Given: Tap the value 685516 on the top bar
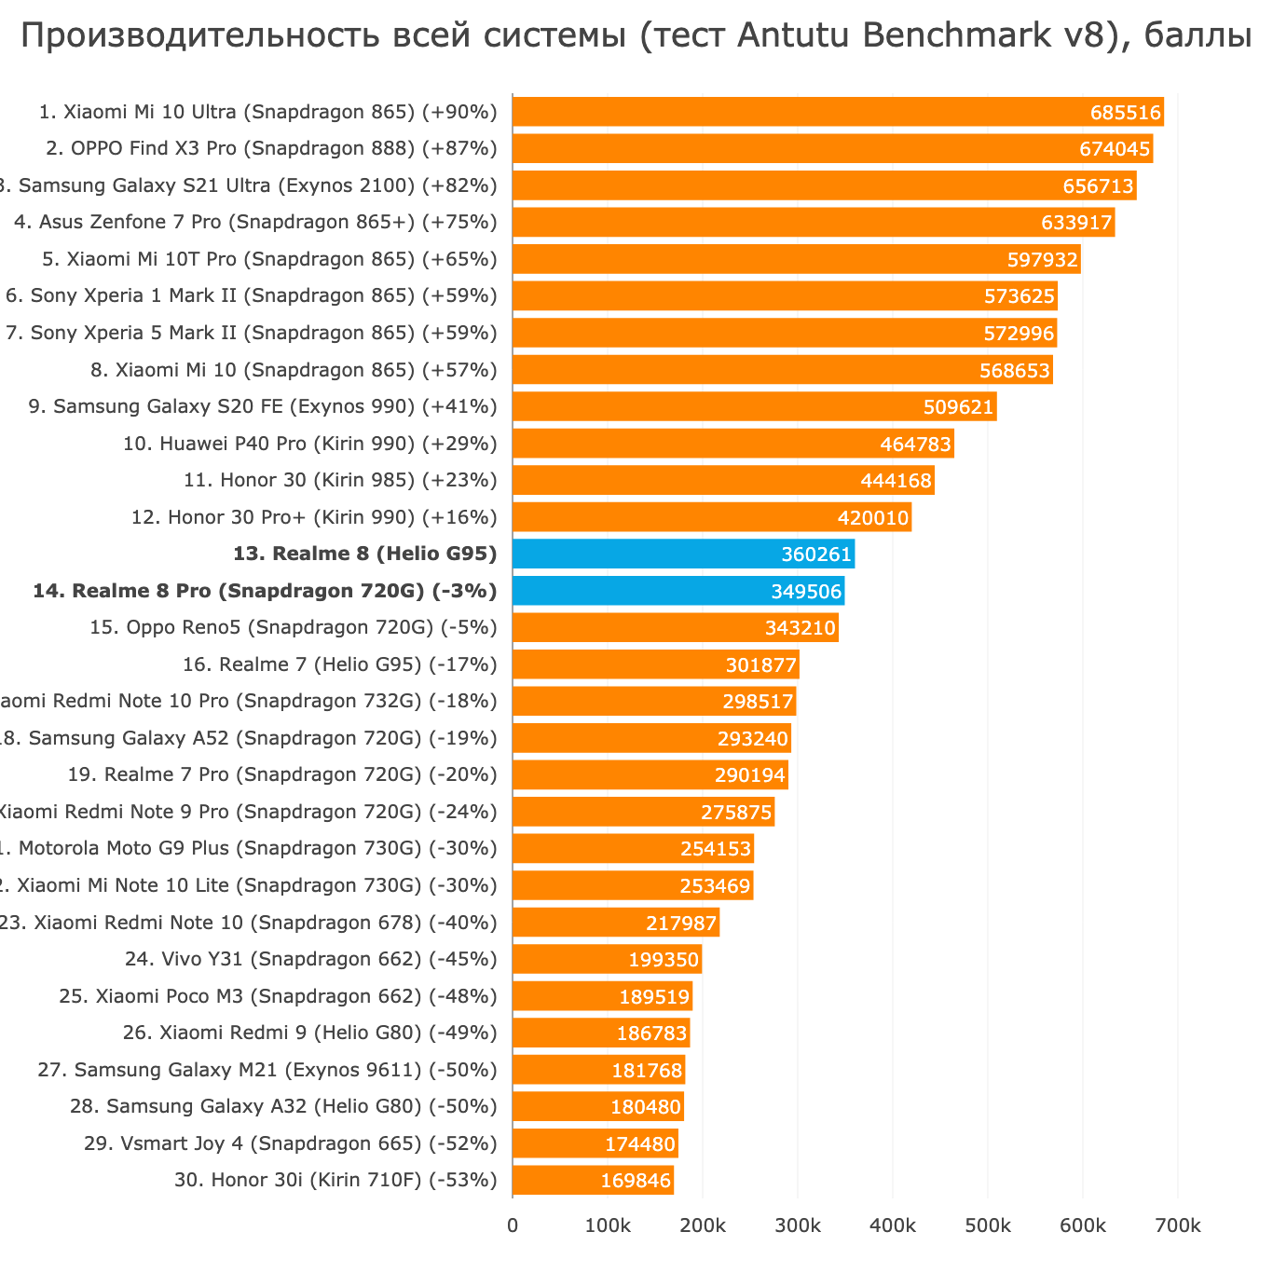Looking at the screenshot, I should click(1125, 113).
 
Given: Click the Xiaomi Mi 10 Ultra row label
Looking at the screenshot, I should click(268, 113).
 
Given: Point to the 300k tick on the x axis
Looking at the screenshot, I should click(798, 1225).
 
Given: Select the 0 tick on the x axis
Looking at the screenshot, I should click(513, 1225).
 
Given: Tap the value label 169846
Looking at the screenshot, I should click(636, 1181).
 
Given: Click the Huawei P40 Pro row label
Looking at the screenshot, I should click(310, 444).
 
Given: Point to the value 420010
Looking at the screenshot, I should click(873, 518).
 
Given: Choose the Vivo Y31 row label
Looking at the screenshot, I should click(310, 959).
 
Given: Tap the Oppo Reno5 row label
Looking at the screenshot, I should click(294, 628).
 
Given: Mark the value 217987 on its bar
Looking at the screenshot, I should click(681, 924).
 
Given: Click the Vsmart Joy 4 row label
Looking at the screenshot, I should click(290, 1143).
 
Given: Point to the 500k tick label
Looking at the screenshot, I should click(988, 1225).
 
